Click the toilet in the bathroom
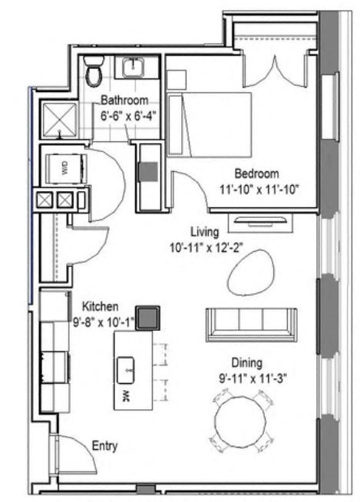coord(94,71)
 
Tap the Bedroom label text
coord(256,173)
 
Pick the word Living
coord(206,231)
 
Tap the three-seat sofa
coord(250,323)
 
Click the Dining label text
coord(247,362)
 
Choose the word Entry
coord(104,445)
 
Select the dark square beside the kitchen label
coord(147,316)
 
